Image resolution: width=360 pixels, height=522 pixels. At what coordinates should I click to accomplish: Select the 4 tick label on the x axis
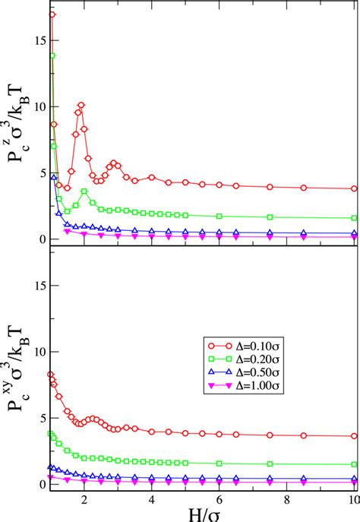click(152, 498)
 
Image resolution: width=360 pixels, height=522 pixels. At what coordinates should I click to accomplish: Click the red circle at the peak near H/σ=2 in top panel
click(81, 105)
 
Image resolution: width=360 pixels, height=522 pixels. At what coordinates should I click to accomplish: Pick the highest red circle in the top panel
click(52, 14)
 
